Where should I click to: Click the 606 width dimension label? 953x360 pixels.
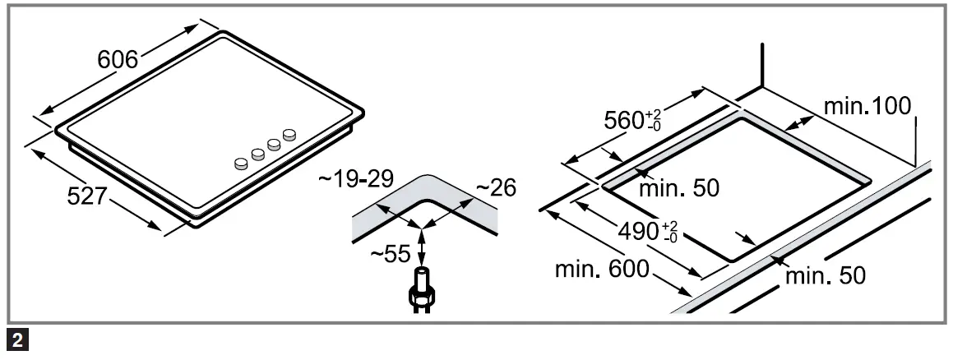[x=118, y=61]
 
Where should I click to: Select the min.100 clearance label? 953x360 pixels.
[x=867, y=106]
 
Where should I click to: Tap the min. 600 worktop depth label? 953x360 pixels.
[x=602, y=270]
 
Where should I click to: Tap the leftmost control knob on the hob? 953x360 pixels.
[x=241, y=164]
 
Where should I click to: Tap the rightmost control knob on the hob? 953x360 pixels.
[x=289, y=134]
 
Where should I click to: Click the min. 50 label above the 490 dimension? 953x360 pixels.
[x=679, y=188]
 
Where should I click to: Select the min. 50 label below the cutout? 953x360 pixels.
[x=825, y=276]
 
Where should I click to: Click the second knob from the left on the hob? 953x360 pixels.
[x=258, y=153]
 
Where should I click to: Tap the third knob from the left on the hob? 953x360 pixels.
[x=274, y=144]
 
